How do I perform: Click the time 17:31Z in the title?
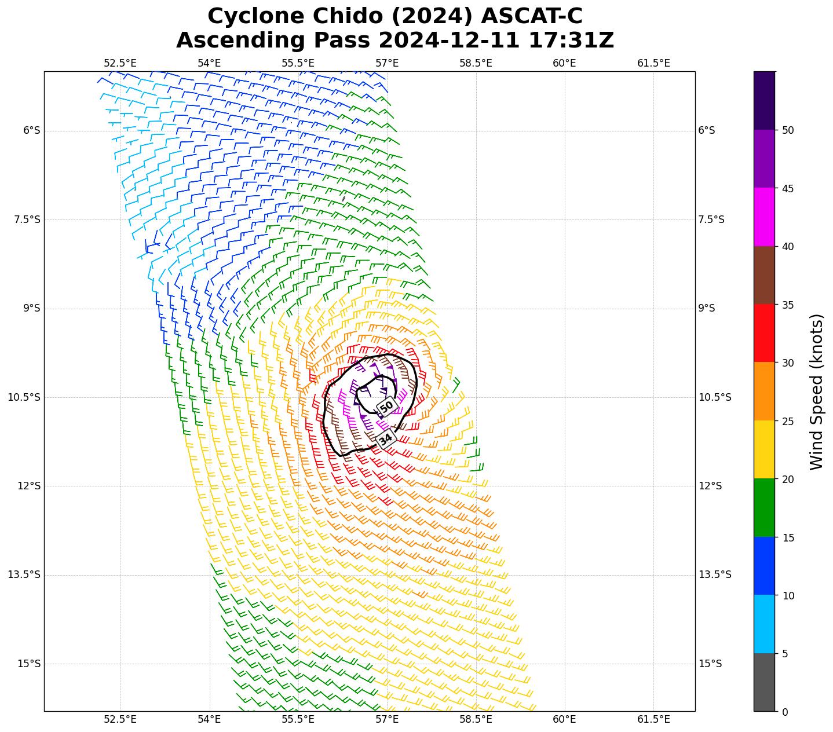click(571, 41)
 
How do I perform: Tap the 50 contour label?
click(386, 406)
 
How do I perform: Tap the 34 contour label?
click(385, 438)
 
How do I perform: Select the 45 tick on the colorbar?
click(787, 189)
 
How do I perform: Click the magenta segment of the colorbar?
click(764, 217)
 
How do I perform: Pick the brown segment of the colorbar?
click(764, 275)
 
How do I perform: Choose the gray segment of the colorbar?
click(764, 682)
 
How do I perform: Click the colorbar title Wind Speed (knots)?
click(816, 391)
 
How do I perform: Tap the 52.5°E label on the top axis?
click(120, 63)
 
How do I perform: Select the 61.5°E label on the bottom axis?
click(653, 719)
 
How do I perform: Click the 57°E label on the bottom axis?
click(387, 719)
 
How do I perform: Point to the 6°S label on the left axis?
click(32, 130)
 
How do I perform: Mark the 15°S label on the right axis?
click(710, 664)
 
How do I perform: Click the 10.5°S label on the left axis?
click(24, 397)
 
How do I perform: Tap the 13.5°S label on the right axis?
click(715, 574)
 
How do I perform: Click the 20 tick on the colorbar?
click(787, 480)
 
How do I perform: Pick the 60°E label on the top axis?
click(564, 63)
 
